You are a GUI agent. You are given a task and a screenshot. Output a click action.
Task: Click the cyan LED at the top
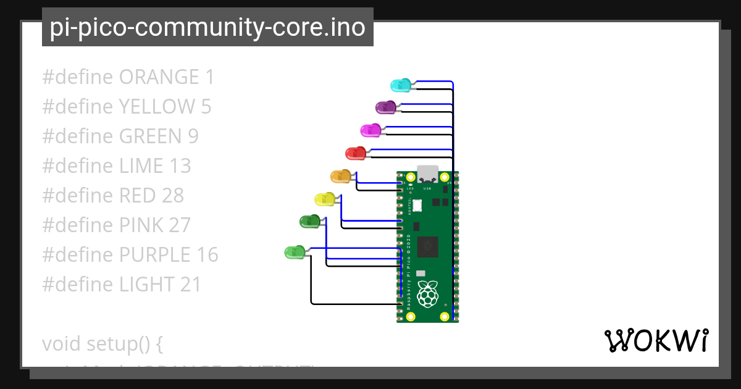[400, 85]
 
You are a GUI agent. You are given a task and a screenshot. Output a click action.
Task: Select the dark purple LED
[385, 107]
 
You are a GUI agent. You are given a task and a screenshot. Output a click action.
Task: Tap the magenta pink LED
[370, 130]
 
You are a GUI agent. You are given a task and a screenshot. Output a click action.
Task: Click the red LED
[355, 153]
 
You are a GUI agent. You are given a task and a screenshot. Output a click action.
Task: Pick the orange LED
[340, 177]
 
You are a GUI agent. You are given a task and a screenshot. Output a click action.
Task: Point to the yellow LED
[324, 199]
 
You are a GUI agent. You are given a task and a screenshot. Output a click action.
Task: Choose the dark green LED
[309, 221]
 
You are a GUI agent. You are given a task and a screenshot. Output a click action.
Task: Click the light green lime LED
[294, 252]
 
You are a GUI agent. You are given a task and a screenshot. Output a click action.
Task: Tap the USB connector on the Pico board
[427, 174]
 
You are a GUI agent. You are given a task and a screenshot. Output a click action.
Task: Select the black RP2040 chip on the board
[427, 247]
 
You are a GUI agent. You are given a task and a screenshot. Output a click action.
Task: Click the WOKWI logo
[656, 341]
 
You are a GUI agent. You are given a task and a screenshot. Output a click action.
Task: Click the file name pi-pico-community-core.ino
[207, 27]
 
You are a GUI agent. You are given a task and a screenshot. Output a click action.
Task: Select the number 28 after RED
[173, 196]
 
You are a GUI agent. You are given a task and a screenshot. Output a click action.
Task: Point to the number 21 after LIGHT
[191, 285]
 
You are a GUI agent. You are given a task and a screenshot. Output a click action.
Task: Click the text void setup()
[102, 343]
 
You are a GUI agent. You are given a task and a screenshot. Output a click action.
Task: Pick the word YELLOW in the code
[156, 107]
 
